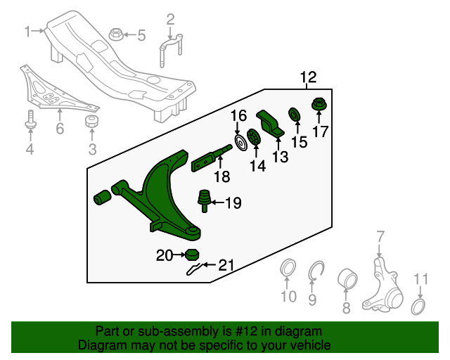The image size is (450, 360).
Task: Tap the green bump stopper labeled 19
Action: point(205,200)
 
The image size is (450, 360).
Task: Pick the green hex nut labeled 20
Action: point(191,255)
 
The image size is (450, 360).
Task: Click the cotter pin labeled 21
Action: point(197,268)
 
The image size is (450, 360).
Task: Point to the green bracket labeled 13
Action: point(271,124)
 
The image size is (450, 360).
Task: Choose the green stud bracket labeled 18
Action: point(211,159)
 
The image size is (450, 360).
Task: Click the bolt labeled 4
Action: point(30,120)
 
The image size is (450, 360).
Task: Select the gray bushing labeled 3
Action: point(91,123)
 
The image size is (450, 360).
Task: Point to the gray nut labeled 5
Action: point(116,33)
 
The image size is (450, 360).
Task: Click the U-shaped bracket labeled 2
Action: point(169,48)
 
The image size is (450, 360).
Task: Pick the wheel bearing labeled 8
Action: point(347,278)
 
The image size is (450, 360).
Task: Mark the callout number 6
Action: point(60,129)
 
